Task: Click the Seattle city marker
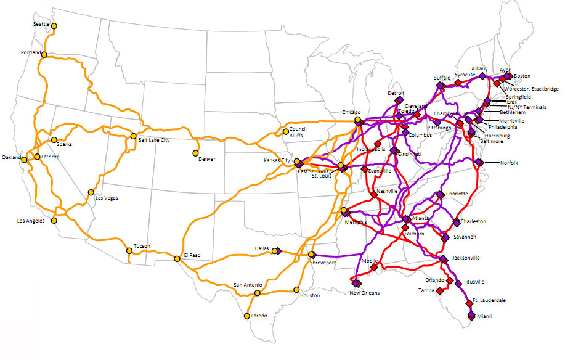(x=54, y=26)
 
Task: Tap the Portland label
(x=30, y=52)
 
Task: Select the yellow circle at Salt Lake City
(x=132, y=136)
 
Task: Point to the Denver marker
(x=196, y=153)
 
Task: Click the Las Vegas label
(x=106, y=198)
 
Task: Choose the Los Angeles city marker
(x=54, y=220)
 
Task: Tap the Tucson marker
(x=129, y=250)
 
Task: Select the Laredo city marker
(x=246, y=316)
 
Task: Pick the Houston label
(x=310, y=295)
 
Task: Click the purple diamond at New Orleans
(x=356, y=284)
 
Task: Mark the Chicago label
(x=351, y=113)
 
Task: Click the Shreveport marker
(x=312, y=254)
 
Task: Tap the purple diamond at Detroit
(x=399, y=100)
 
